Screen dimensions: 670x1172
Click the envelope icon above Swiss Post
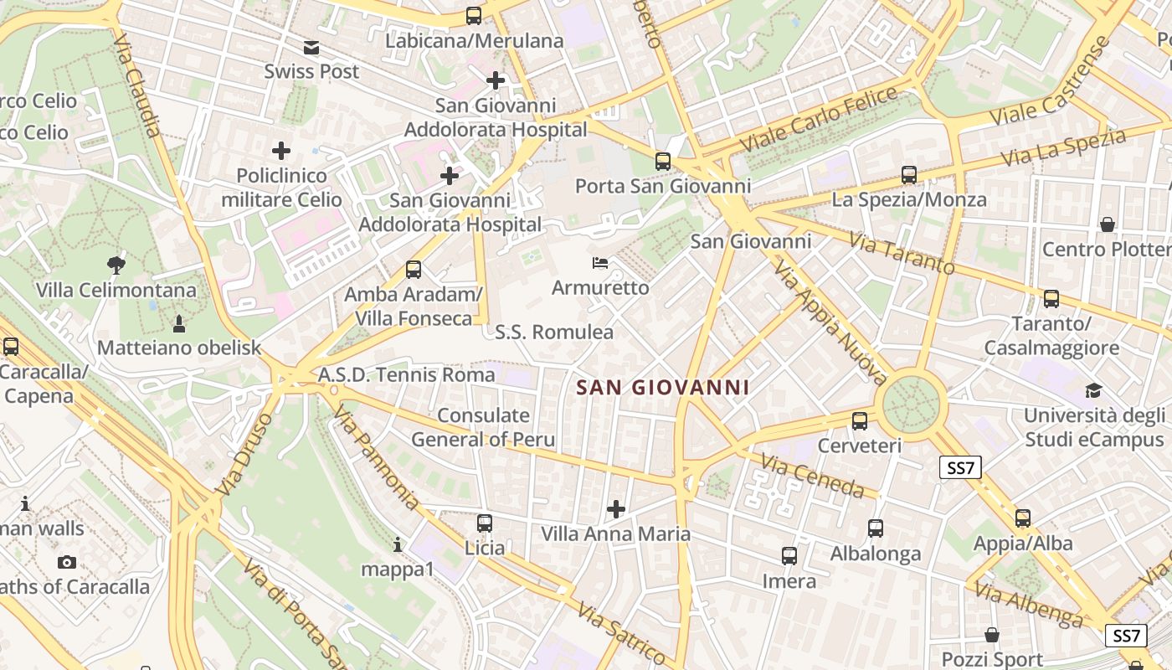pos(311,48)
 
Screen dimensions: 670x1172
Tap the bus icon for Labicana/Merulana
pos(474,16)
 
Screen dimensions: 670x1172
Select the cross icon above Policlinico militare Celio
pos(281,151)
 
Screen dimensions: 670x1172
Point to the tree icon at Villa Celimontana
pos(116,265)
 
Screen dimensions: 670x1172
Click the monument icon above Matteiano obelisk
pos(178,323)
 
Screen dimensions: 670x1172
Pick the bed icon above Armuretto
pos(600,263)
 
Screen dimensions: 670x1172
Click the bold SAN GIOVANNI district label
pos(662,388)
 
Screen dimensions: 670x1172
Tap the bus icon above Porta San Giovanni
pos(663,162)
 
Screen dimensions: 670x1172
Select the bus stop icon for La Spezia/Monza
pos(909,175)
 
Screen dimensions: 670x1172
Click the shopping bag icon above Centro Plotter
pos(1108,224)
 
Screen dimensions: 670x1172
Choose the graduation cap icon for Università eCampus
pos(1093,390)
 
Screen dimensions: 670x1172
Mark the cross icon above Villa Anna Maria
pos(616,508)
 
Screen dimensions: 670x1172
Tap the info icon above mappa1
pos(398,545)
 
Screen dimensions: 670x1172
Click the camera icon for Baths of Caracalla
pos(67,562)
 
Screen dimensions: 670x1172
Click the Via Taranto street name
pos(901,253)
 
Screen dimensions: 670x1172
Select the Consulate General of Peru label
pos(483,427)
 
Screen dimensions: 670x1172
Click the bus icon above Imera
pos(789,556)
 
